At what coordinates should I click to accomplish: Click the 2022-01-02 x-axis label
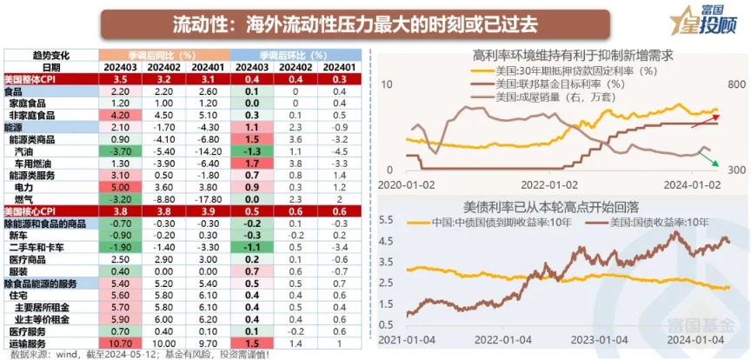click(548, 184)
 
